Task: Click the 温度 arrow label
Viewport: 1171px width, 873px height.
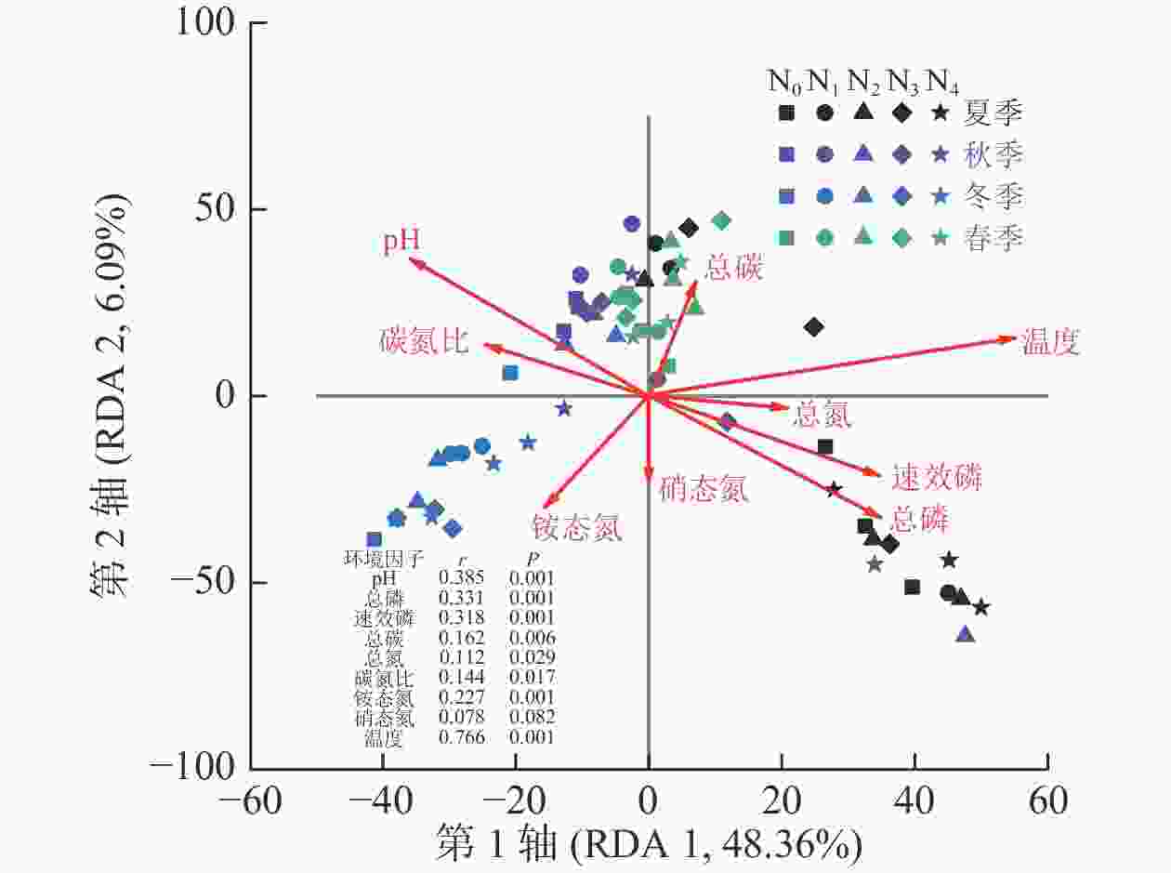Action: pos(1051,343)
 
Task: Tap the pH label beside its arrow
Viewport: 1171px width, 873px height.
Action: pos(402,241)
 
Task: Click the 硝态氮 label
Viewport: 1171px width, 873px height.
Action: pos(704,488)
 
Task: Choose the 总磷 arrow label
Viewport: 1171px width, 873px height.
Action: pos(920,518)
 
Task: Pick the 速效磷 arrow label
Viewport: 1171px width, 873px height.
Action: pos(936,478)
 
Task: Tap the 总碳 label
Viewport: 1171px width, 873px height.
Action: pos(733,268)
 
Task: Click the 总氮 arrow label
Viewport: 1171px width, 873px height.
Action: pos(822,415)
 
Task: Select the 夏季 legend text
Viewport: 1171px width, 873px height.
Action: pos(993,113)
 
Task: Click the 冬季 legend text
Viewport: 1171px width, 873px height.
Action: pos(993,196)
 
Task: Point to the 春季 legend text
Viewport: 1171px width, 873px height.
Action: pos(993,238)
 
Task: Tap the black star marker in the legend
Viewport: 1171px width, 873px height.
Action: pos(941,113)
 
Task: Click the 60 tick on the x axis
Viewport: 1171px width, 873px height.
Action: pos(1047,800)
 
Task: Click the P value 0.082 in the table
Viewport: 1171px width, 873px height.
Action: pos(532,717)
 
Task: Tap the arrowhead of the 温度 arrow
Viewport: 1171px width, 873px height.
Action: pos(1011,338)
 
